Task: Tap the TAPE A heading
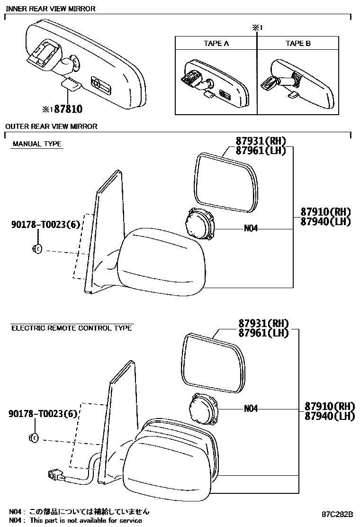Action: coord(216,44)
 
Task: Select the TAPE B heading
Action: coord(298,44)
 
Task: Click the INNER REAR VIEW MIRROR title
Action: coord(50,9)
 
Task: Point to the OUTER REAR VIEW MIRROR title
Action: coord(51,126)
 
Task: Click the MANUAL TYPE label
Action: coord(37,144)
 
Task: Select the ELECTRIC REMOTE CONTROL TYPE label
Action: coord(72,328)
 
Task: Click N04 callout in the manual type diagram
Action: coord(251,228)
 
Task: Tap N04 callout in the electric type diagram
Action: coord(251,409)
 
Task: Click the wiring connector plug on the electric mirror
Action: coord(53,474)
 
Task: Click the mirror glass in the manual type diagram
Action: coord(227,183)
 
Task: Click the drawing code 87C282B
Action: coord(337,515)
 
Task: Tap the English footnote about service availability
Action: coord(76,520)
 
